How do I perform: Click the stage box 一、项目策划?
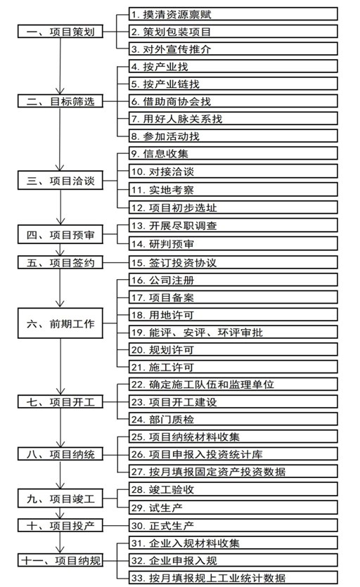click(x=60, y=32)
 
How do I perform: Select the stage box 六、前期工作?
click(x=60, y=323)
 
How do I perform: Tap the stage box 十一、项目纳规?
click(x=60, y=560)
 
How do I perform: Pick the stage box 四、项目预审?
click(x=60, y=235)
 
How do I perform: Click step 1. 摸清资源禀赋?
click(x=233, y=14)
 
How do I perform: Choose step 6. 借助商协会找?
click(x=233, y=101)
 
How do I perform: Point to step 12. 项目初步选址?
click(x=233, y=207)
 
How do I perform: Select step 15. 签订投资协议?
click(x=233, y=262)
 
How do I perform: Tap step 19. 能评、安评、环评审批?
click(x=233, y=332)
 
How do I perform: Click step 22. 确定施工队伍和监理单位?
click(x=233, y=385)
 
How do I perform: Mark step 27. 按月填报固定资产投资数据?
click(x=233, y=471)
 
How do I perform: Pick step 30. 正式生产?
click(x=233, y=526)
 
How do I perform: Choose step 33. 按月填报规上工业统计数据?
click(x=233, y=578)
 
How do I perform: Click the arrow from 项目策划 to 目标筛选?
click(x=60, y=66)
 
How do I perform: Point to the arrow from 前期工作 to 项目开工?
click(x=60, y=367)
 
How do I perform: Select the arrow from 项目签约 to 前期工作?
click(x=60, y=288)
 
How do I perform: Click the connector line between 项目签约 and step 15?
click(x=116, y=262)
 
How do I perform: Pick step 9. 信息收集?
click(x=233, y=153)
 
